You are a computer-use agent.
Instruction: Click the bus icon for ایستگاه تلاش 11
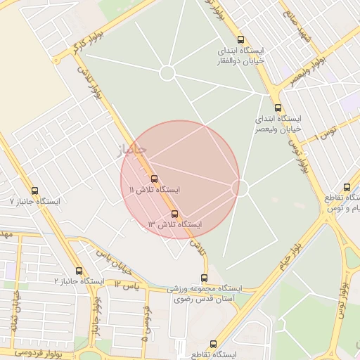155,178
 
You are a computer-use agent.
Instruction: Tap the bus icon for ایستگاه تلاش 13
174,214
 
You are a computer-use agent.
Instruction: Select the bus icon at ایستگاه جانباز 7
35,191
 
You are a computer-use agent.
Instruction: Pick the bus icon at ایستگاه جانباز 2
78,270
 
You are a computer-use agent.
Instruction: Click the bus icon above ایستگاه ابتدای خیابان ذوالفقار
242,40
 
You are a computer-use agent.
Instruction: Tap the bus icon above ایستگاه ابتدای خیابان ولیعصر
278,108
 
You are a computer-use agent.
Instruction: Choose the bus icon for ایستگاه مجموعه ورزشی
204,278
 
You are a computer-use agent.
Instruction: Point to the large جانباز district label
129,149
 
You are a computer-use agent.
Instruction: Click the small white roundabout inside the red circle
240,188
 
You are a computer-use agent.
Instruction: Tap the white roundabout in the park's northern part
167,72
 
